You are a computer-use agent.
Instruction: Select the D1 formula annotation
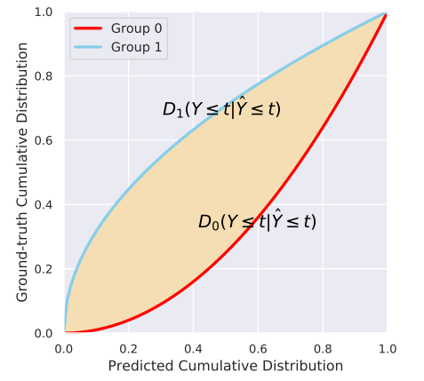coord(221,109)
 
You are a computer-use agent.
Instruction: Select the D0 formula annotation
coord(257,221)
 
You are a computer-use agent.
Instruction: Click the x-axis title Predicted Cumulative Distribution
coord(225,365)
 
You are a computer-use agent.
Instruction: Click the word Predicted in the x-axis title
coord(138,365)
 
